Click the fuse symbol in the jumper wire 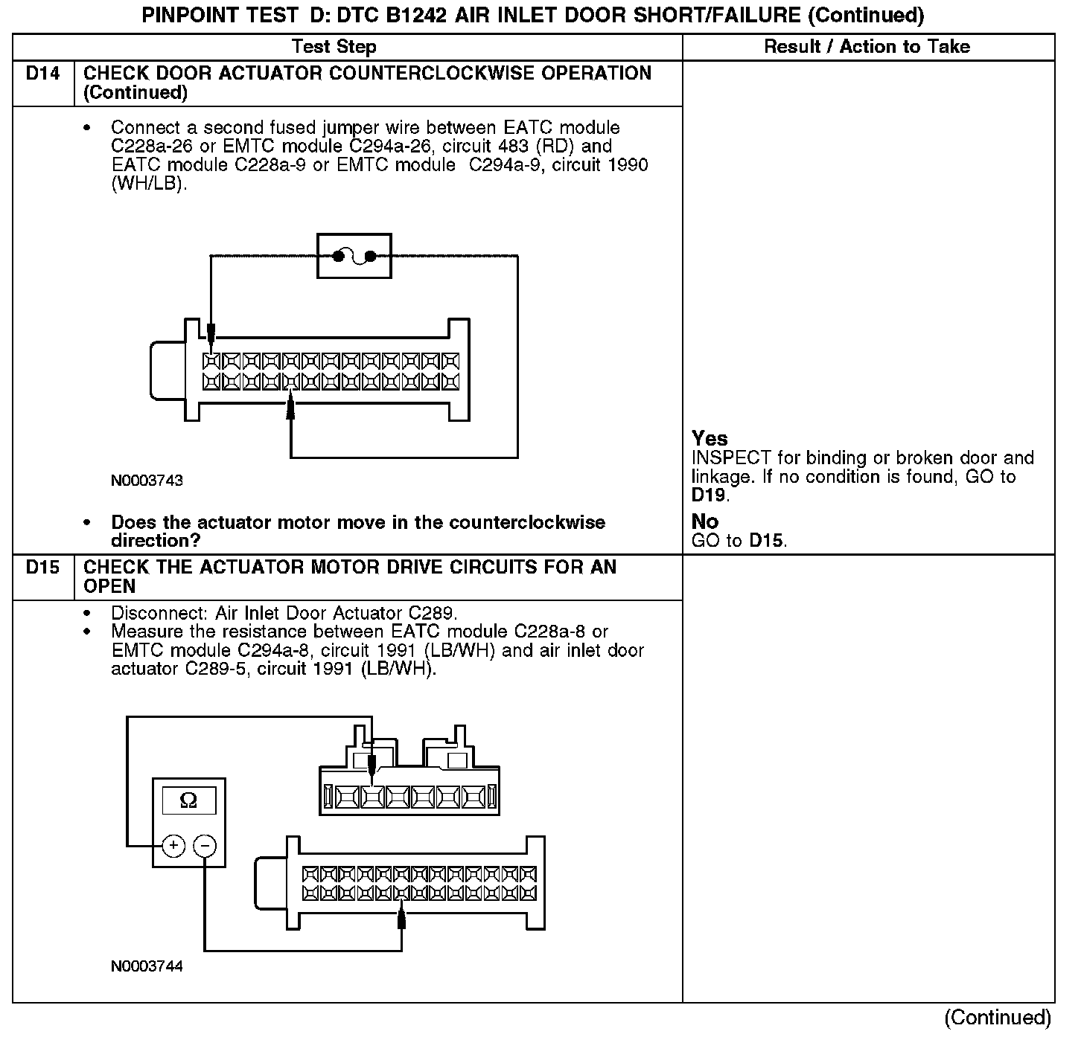tap(354, 257)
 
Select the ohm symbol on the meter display tap(189, 800)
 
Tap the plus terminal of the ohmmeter tap(173, 846)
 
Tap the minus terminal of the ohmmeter tap(205, 846)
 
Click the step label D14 tap(43, 74)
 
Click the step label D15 tap(43, 568)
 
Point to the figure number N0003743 tap(147, 481)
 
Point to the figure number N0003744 tap(147, 966)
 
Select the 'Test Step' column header tap(334, 47)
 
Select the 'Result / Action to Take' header tap(867, 47)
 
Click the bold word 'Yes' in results tap(710, 439)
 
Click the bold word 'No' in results tap(704, 521)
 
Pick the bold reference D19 tap(709, 495)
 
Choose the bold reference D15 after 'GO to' tap(766, 541)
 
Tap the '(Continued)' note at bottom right tap(998, 1018)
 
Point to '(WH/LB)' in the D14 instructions tap(147, 183)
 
